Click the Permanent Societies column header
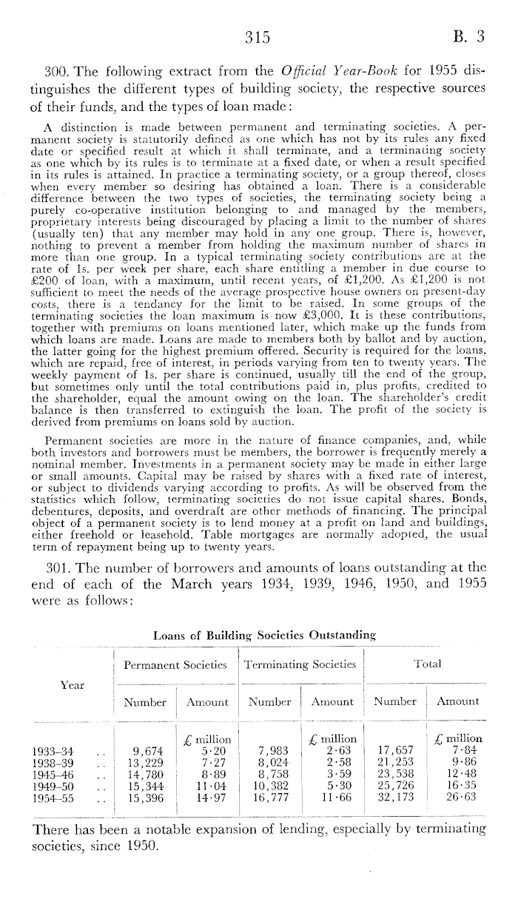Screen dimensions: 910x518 175,665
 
